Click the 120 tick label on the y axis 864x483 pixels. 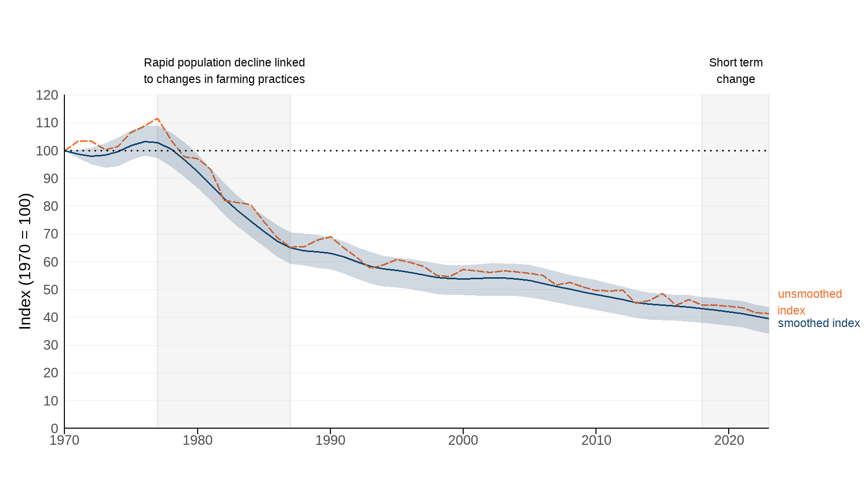coord(47,95)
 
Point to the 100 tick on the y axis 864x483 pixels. coord(47,150)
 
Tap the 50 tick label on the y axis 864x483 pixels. coord(50,290)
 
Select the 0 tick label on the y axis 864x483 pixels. coord(54,429)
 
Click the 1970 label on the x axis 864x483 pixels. coord(64,440)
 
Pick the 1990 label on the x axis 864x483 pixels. coord(330,440)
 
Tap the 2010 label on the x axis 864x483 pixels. coord(596,440)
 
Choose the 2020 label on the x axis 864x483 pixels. coord(729,440)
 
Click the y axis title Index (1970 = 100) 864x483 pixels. coord(25,262)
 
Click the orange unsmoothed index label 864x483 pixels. coord(809,302)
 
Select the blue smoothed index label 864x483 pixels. coord(818,324)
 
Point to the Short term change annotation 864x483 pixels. coord(735,71)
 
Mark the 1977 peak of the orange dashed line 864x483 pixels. coord(157,119)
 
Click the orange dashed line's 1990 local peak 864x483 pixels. coord(330,236)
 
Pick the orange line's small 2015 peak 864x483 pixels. coord(662,293)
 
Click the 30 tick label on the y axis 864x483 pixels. coord(50,345)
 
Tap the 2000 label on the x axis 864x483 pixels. coord(463,440)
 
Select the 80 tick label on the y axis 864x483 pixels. coord(50,206)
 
